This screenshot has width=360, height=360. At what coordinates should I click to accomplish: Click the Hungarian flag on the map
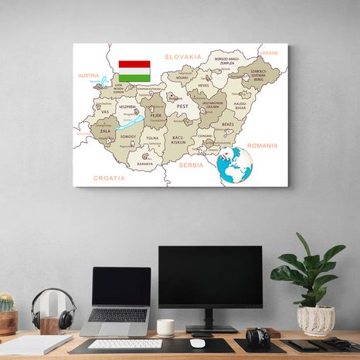[134, 71]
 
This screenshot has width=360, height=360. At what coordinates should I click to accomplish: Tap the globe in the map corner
[235, 165]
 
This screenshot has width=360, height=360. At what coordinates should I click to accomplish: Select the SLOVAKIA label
[183, 57]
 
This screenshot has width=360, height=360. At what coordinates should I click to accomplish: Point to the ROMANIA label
[262, 145]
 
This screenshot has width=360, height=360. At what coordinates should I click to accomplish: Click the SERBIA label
[190, 165]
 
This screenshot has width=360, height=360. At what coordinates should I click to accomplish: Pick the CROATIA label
[109, 178]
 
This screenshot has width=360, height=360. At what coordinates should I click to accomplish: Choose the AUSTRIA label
[89, 76]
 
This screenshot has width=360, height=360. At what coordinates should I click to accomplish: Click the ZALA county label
[105, 131]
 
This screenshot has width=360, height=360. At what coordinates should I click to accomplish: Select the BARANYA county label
[145, 164]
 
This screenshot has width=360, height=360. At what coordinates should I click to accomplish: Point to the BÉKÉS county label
[228, 124]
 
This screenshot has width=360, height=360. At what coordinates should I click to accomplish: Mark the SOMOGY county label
[128, 137]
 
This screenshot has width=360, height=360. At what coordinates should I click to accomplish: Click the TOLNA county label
[152, 139]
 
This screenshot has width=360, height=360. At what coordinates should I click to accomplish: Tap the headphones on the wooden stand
[53, 308]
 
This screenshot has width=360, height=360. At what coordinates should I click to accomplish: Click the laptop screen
[121, 287]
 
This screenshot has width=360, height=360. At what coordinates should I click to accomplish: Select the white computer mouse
[198, 343]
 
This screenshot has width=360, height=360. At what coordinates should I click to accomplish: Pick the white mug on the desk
[165, 328]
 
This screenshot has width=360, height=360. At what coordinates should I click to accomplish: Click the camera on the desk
[257, 337]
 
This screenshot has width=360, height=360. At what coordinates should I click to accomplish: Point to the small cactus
[6, 302]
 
